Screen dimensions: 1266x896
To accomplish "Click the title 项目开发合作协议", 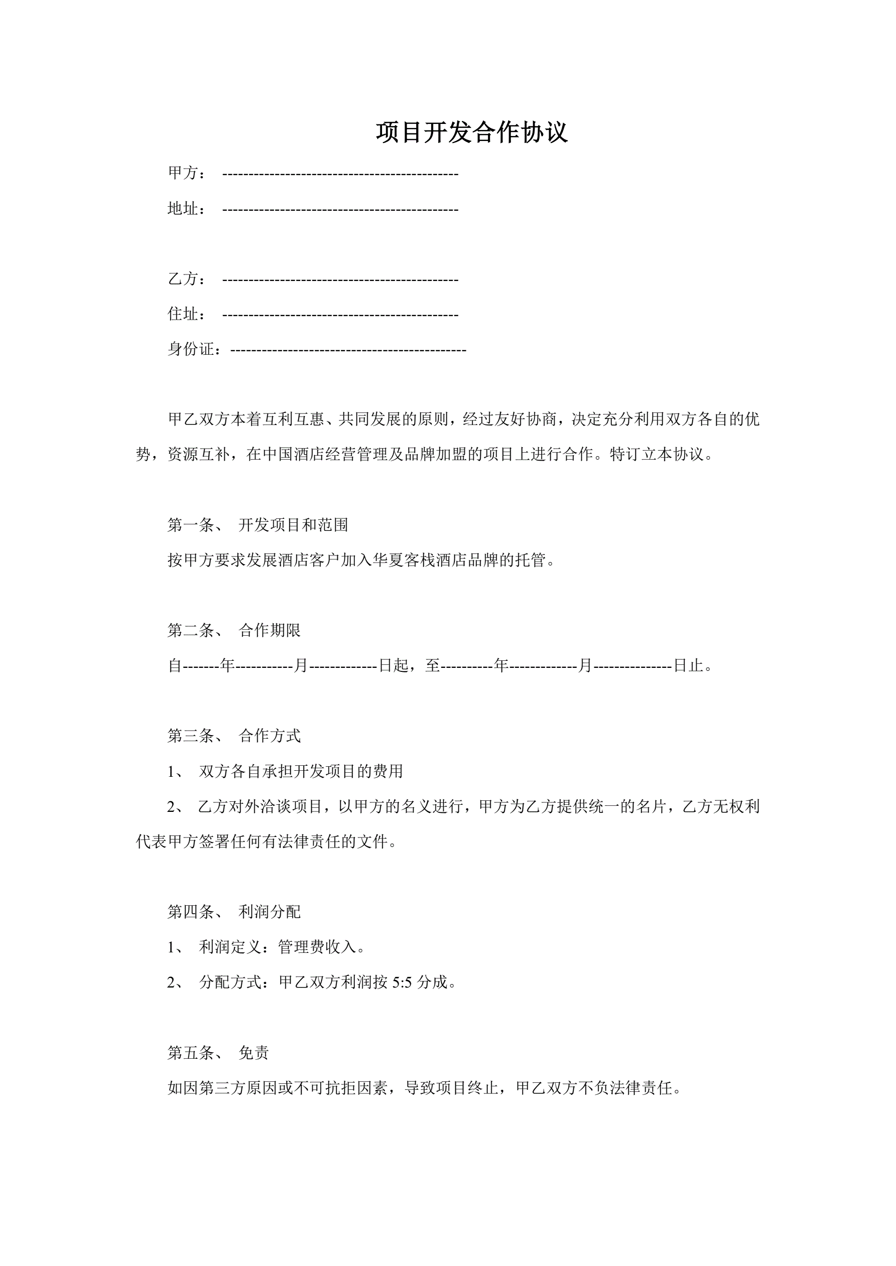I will click(x=472, y=132).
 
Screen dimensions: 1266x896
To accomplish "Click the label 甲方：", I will click(x=187, y=173).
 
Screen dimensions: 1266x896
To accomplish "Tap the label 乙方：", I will click(x=187, y=279).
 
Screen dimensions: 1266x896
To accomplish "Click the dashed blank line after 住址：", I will click(x=340, y=315).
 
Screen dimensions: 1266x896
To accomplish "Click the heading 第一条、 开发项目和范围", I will click(x=258, y=525).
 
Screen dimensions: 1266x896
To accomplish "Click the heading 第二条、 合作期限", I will click(x=234, y=630).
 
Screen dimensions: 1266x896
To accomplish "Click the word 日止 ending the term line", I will click(x=689, y=666).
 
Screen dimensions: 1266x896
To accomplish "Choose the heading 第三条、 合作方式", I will click(x=234, y=736).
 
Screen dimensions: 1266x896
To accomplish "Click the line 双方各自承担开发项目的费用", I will click(x=301, y=771).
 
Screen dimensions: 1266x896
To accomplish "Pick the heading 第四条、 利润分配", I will click(x=234, y=912).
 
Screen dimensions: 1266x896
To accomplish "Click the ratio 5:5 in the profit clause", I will click(x=402, y=982).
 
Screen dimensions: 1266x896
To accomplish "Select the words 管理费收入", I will click(x=317, y=947).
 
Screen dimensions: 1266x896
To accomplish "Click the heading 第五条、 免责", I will click(x=218, y=1053).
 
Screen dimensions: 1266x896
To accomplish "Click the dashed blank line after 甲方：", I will click(x=340, y=174).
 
